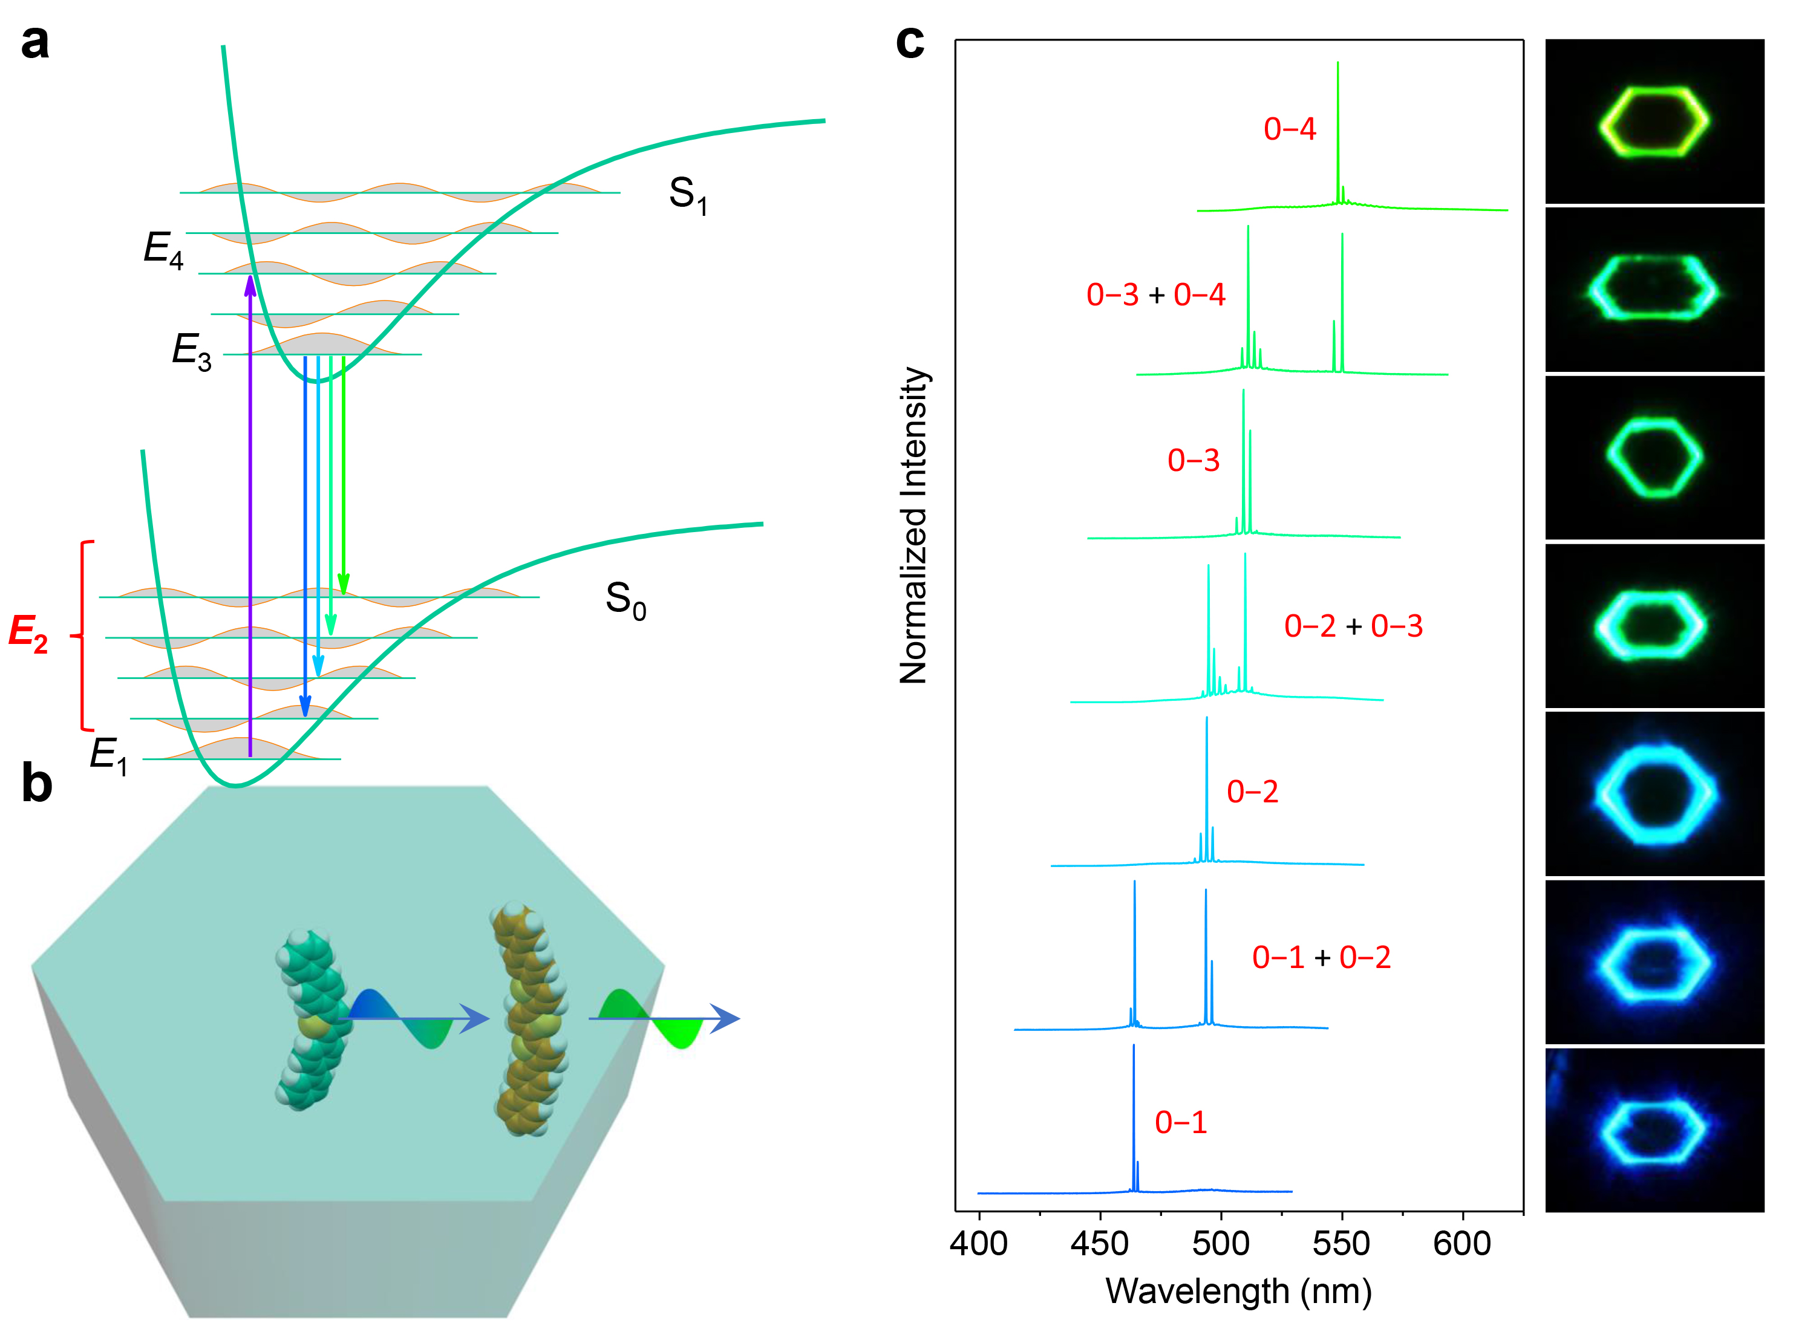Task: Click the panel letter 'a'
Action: coord(34,42)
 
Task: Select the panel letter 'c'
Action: coord(910,42)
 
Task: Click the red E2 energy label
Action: coord(28,632)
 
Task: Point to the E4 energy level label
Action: coord(163,249)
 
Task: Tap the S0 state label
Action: coord(625,600)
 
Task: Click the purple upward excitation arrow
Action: coord(250,514)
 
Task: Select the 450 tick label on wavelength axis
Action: coord(1100,1243)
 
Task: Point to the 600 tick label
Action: coord(1462,1243)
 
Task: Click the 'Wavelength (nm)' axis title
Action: coord(1238,1291)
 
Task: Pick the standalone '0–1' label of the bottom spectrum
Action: coord(1180,1122)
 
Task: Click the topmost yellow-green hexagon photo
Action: coord(1654,121)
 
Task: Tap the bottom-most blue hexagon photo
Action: coord(1654,1129)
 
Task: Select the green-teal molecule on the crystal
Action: coord(311,1019)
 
